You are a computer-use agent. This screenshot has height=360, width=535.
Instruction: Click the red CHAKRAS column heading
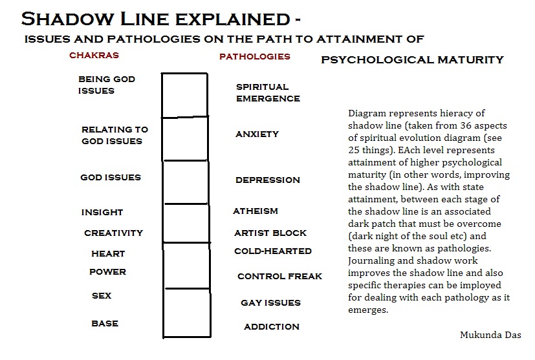[94, 56]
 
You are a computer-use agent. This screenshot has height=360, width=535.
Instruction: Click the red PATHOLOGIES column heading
[255, 56]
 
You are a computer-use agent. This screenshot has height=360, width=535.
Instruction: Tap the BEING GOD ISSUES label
[107, 85]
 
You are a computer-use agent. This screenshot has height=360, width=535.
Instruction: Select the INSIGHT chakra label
[102, 213]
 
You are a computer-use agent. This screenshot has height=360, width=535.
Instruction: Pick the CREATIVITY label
[113, 233]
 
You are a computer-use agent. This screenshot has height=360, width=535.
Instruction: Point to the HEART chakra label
[108, 254]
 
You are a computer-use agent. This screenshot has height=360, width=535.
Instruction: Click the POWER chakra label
[107, 272]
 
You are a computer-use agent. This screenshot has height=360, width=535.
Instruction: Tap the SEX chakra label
[102, 296]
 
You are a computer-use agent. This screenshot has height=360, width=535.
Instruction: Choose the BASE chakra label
[105, 323]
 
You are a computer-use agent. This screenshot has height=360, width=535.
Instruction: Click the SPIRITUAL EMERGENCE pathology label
[268, 92]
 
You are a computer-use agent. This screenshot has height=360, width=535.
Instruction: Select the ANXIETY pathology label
[257, 134]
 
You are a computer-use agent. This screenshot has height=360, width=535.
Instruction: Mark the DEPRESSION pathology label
[268, 180]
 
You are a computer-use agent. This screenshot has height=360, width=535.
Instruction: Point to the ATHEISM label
[256, 211]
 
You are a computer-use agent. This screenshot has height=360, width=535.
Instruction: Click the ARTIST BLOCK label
[270, 233]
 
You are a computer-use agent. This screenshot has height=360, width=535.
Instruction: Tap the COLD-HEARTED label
[273, 251]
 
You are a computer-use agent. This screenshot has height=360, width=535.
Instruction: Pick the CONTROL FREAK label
[279, 277]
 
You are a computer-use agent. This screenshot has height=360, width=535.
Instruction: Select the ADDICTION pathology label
[272, 327]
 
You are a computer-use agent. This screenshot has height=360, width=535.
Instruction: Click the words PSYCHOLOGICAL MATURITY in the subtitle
[412, 60]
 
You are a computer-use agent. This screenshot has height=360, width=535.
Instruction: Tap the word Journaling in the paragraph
[371, 261]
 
